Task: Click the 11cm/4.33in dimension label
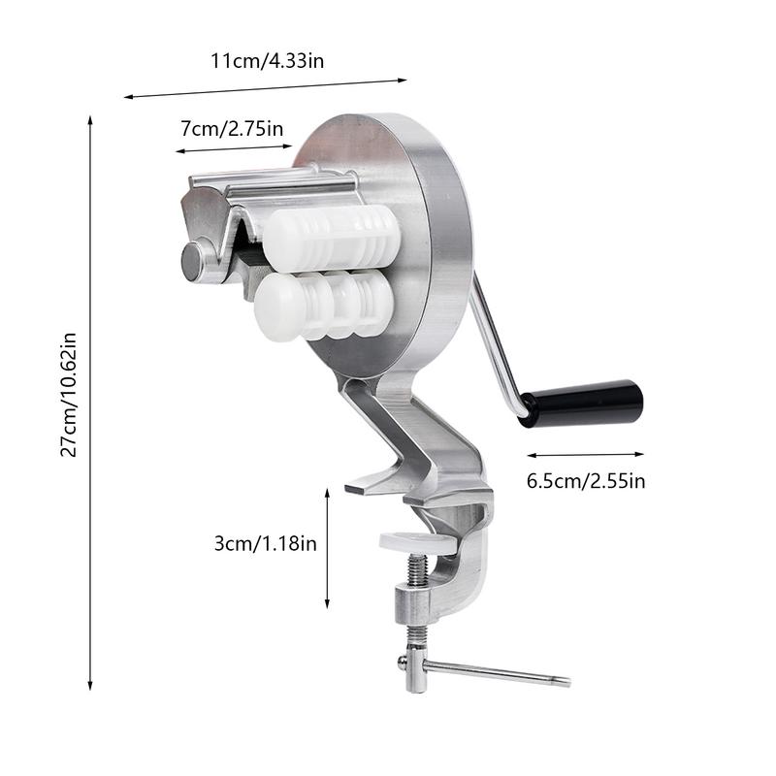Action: coord(268,60)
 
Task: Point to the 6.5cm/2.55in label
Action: coord(587,480)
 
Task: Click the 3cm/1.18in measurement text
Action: coord(266,543)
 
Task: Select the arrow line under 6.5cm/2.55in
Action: coord(586,454)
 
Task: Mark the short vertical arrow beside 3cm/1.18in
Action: coord(328,548)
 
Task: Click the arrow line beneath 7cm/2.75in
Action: coord(233,149)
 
